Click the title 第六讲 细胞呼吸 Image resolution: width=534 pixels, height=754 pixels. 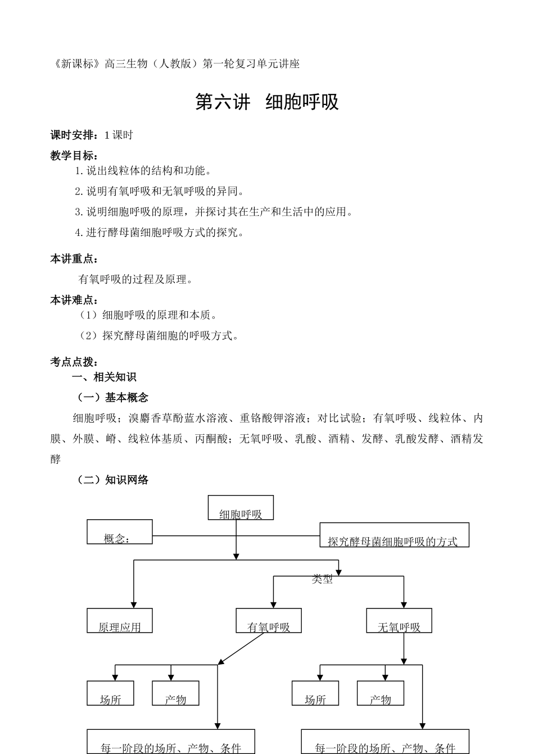pos(267,102)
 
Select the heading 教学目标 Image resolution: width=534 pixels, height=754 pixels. pos(74,156)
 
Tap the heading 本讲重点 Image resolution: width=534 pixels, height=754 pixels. pos(74,259)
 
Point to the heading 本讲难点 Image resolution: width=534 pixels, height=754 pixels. pos(74,301)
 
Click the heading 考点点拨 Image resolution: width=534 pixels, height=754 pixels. pos(74,362)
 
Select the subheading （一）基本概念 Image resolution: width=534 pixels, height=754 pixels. pos(112,398)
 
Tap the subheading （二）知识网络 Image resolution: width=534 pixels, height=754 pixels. pos(112,480)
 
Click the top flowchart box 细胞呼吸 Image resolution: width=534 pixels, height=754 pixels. pos(241,508)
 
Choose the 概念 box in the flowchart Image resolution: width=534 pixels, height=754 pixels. pos(119,532)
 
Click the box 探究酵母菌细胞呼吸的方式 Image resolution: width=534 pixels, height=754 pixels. pos(394,535)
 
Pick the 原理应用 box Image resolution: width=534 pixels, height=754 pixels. pos(119,621)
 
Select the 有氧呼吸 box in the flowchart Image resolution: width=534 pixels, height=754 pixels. pos(269,621)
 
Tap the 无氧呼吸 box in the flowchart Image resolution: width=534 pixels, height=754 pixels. pos(399,621)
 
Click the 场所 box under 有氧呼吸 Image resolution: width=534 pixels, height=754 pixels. pos(110,693)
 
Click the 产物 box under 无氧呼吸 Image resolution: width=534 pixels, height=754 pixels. pos(381,693)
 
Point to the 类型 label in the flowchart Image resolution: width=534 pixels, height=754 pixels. pos(322,579)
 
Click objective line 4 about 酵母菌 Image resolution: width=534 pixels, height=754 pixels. pos(160,233)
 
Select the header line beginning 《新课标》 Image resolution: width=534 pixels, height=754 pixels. pos(175,64)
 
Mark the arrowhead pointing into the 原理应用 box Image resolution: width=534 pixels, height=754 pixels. pos(133,605)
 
